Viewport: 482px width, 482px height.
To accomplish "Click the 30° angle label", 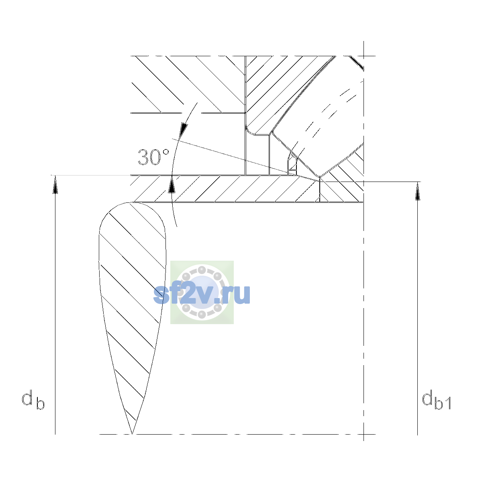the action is coord(153,157).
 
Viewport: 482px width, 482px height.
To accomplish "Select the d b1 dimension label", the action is coord(436,400).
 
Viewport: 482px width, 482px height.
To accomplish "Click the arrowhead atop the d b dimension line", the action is coord(55,184).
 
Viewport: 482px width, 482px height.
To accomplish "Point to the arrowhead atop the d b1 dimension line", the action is coord(417,191).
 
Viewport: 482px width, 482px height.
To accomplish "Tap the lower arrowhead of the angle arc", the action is coord(172,184).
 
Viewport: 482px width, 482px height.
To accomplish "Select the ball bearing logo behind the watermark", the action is coord(202,292).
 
